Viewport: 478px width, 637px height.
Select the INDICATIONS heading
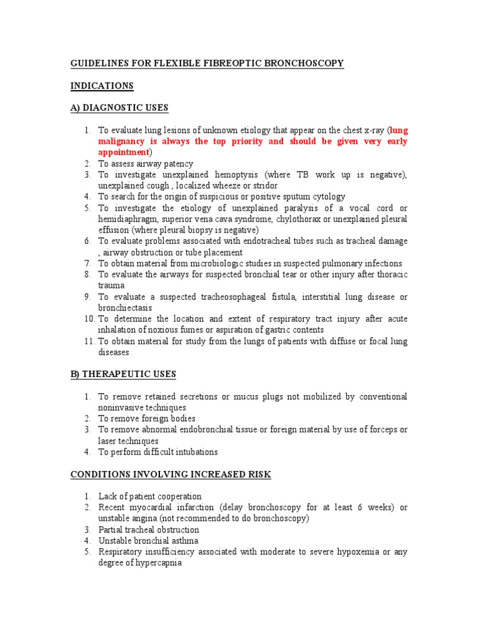(x=101, y=85)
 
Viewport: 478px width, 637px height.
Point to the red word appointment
(x=124, y=152)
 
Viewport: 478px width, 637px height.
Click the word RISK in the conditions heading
(x=259, y=474)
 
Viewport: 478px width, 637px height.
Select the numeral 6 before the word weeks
(x=360, y=508)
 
